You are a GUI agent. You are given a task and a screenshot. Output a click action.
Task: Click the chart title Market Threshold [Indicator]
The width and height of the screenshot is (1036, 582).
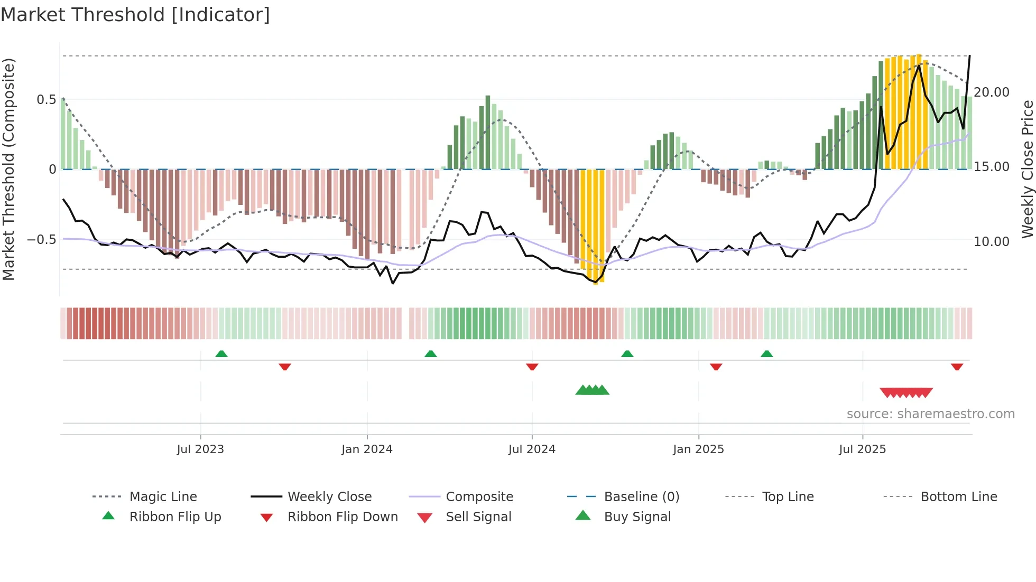coord(135,15)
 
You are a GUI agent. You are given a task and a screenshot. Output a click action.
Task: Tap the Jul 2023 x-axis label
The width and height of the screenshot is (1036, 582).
coord(200,449)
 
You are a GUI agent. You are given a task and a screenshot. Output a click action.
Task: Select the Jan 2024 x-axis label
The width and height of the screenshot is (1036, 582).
coord(367,449)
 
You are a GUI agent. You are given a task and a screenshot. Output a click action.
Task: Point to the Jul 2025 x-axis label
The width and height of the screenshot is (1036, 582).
coord(862,449)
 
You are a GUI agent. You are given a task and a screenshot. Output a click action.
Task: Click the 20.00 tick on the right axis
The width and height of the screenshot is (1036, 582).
coord(992,92)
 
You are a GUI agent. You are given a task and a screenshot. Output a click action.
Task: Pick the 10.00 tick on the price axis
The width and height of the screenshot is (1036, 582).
coord(992,242)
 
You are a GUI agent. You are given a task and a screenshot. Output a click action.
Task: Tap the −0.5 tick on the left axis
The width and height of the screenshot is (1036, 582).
coord(42,240)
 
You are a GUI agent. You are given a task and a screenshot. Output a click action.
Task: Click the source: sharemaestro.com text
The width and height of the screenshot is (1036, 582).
coord(930,414)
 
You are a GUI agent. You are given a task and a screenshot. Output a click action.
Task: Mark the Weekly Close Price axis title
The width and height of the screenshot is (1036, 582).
coord(1027,169)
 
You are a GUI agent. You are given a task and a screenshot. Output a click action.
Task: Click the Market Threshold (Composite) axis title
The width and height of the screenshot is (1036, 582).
coord(8,169)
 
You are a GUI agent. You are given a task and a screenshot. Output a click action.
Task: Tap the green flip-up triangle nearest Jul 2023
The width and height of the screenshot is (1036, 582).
coord(221,354)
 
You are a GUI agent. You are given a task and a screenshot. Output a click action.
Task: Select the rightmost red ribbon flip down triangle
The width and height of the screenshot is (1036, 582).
coord(957,367)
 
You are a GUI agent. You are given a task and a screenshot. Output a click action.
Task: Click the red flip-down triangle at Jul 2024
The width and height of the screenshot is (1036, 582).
coord(532,367)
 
